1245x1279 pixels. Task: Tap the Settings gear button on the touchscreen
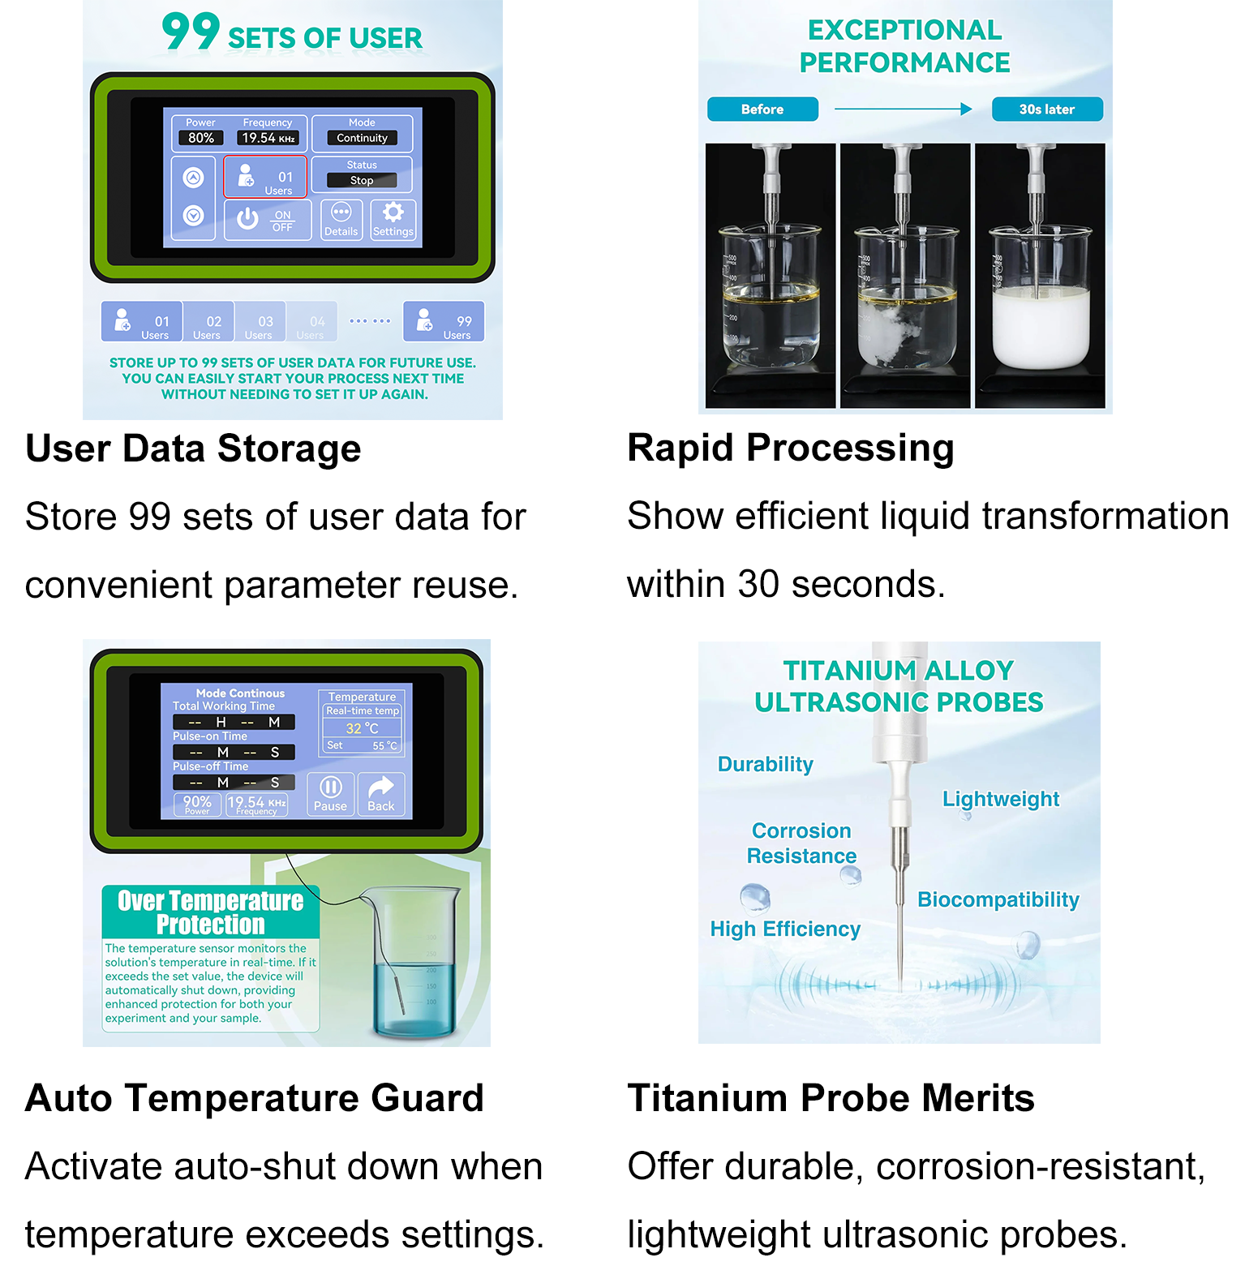393,220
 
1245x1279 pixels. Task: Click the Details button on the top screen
341,220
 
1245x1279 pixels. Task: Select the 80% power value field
201,138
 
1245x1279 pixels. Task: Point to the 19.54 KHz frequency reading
268,138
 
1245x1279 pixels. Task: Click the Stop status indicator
362,180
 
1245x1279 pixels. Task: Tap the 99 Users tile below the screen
444,322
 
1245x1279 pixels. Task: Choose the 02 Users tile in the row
208,322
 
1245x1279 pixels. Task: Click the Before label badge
762,109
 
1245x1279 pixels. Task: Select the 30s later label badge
1047,109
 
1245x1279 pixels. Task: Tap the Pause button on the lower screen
331,793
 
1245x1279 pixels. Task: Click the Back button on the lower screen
381,793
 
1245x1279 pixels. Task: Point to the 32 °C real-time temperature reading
362,728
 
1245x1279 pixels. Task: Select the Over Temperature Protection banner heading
211,912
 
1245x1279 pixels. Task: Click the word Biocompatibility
998,899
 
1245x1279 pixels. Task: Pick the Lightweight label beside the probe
1000,799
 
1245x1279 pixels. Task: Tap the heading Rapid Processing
791,448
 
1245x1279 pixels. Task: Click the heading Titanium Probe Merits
831,1098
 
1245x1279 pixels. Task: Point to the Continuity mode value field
362,138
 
